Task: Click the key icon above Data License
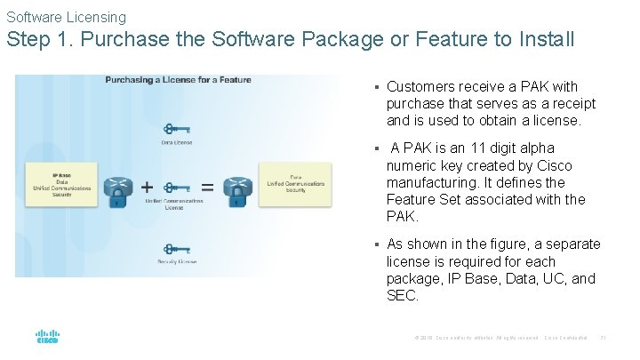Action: pyautogui.click(x=176, y=129)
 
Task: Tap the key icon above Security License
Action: pyautogui.click(x=176, y=249)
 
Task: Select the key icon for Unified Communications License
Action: pyautogui.click(x=176, y=188)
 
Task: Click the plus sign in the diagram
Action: pyautogui.click(x=147, y=188)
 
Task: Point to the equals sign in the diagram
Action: pyautogui.click(x=206, y=188)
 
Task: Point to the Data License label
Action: pyautogui.click(x=176, y=142)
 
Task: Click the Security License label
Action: pyautogui.click(x=176, y=262)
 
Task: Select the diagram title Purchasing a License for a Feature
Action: pyautogui.click(x=178, y=80)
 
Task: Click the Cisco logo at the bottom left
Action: pyautogui.click(x=47, y=338)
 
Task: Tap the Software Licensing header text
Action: pyautogui.click(x=67, y=17)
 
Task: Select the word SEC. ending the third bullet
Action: pyautogui.click(x=403, y=296)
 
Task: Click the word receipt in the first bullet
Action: pyautogui.click(x=570, y=104)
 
